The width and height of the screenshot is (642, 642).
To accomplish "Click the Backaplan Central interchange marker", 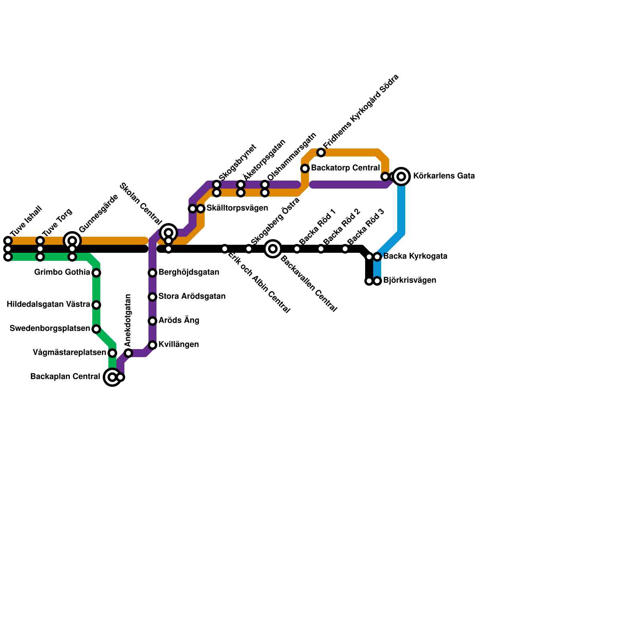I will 112,377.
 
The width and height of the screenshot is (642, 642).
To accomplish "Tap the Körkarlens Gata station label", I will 444,176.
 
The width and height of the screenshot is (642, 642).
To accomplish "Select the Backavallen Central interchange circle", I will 273,249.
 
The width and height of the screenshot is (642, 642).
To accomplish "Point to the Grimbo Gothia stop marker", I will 96,273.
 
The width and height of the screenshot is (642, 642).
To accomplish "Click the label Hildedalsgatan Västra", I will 48,305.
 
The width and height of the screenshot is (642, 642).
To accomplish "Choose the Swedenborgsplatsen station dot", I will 96,329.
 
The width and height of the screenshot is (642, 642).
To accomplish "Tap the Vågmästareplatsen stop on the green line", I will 112,353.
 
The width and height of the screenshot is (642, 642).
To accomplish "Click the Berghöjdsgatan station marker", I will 152,273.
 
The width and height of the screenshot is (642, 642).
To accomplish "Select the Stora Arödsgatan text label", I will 192,297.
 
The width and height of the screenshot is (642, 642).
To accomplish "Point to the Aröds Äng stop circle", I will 152,321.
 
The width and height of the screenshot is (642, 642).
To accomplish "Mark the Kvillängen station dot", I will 152,345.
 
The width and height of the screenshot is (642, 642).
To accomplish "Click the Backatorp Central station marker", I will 305,169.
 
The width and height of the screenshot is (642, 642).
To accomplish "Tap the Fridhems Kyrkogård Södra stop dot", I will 321,152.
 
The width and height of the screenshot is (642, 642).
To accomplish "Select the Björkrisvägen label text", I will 409,280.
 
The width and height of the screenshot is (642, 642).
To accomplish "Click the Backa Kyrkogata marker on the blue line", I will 377,257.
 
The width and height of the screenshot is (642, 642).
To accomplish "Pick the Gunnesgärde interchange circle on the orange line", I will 72,241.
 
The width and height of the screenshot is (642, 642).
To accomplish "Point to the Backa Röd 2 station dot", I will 321,249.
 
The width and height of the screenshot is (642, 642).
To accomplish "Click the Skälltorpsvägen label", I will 237,208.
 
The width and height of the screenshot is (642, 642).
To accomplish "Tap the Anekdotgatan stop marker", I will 128,353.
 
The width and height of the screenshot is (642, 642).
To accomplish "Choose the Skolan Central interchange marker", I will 169,233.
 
